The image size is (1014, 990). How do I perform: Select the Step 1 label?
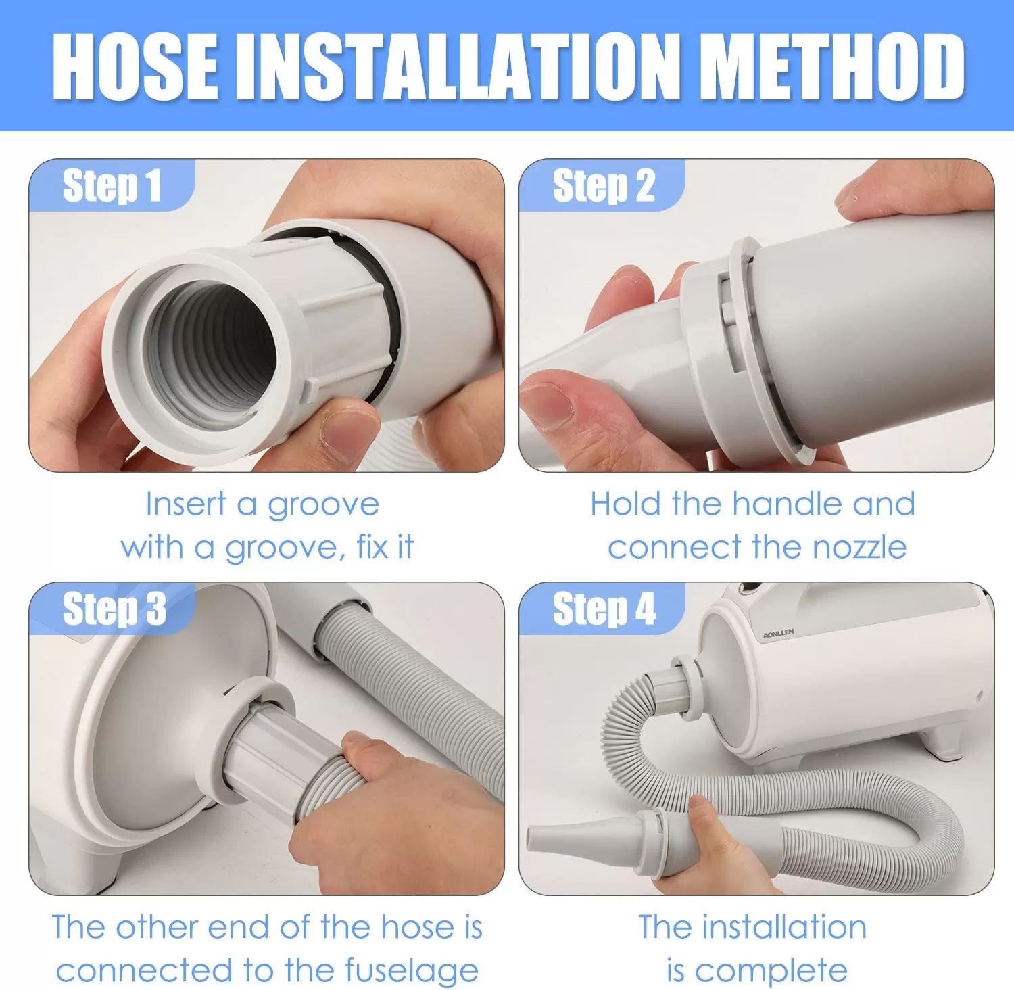[112, 185]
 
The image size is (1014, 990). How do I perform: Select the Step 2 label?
[604, 185]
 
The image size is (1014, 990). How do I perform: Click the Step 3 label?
[114, 609]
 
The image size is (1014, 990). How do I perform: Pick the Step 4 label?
[604, 609]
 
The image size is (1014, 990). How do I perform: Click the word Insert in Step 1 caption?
[186, 504]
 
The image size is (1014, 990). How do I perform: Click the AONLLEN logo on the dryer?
[778, 634]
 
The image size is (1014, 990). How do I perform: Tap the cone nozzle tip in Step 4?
[541, 839]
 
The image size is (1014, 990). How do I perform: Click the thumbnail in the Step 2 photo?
[548, 405]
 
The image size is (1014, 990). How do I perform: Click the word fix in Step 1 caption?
[372, 546]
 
